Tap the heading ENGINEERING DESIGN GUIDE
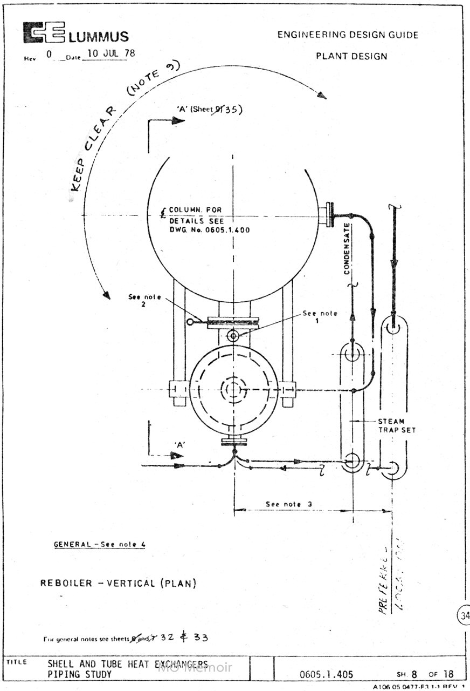(x=348, y=35)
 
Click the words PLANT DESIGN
(x=351, y=56)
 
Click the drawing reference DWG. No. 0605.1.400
(x=210, y=230)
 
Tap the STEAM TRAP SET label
(x=397, y=425)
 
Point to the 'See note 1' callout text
(x=320, y=316)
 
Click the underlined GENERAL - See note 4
(x=99, y=544)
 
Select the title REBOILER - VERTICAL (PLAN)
(x=118, y=583)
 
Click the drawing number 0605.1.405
(x=326, y=674)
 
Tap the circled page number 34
(x=464, y=615)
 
